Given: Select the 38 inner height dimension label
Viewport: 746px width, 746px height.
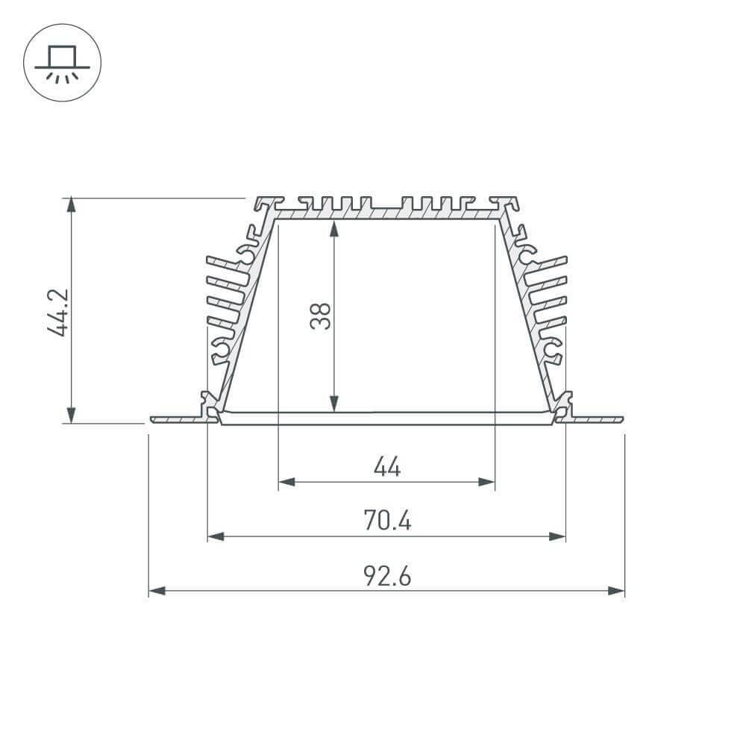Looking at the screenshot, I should tap(321, 316).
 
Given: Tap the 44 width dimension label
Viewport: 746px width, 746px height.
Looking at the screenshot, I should tap(386, 468).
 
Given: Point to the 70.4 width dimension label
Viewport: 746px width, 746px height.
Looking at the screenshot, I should tap(386, 521).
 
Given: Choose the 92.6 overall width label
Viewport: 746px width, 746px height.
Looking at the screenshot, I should tap(386, 576).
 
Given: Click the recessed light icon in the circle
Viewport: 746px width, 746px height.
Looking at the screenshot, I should tap(62, 63).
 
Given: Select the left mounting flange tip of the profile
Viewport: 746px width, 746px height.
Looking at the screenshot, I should tap(153, 419).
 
